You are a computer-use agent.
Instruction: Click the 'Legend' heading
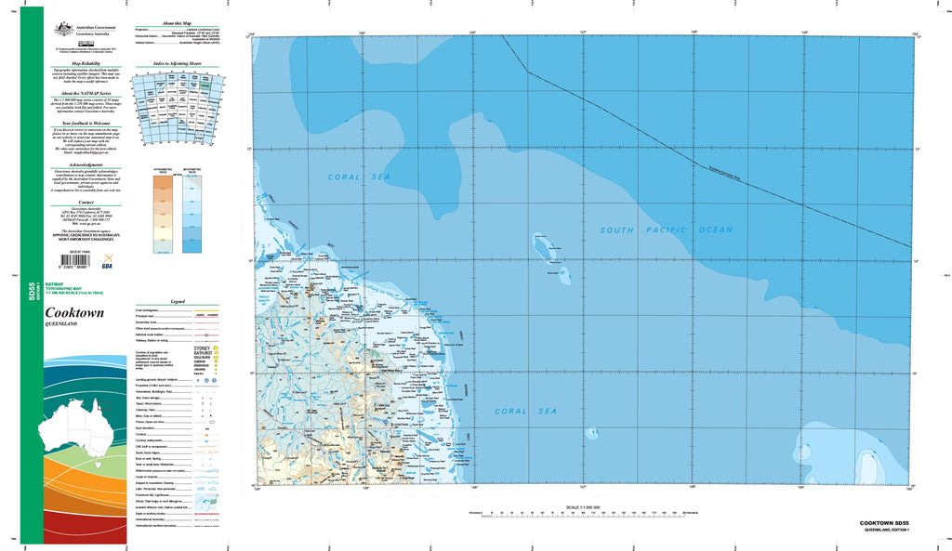coord(178,301)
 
